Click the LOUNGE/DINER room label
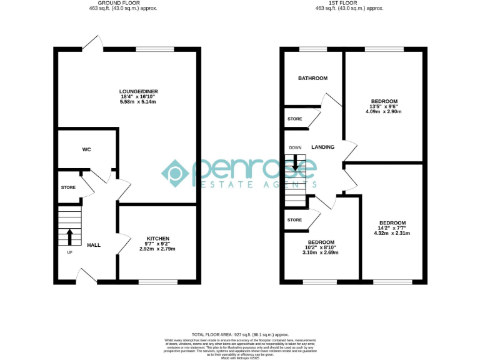click(x=139, y=91)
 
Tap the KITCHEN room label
click(x=157, y=239)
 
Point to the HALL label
click(x=94, y=245)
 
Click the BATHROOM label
click(x=312, y=78)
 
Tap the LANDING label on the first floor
click(x=322, y=147)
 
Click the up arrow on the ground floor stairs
click(x=69, y=237)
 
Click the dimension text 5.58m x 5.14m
click(x=139, y=102)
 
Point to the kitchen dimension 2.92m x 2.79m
click(x=157, y=249)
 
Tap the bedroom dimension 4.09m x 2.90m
click(x=384, y=112)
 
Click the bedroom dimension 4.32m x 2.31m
click(x=392, y=233)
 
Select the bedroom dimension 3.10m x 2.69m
click(x=320, y=252)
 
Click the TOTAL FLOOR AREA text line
click(x=239, y=335)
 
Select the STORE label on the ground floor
click(x=68, y=187)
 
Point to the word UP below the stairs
click(x=69, y=252)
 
